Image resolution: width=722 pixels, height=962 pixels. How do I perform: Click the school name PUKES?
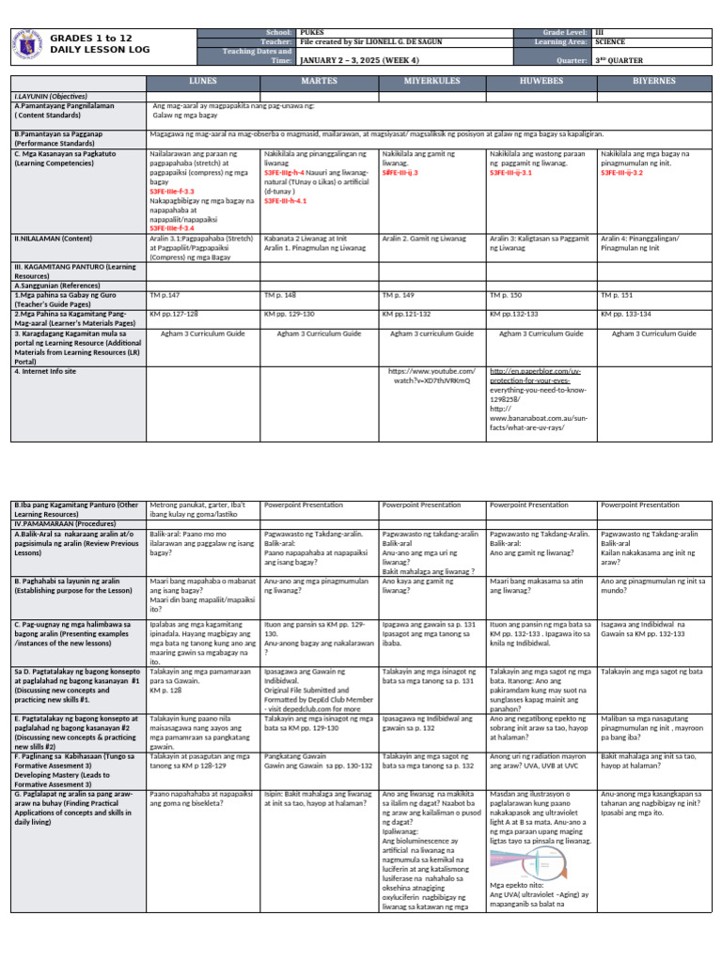309,32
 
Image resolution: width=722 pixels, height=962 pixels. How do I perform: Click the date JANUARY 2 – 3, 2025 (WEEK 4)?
353,57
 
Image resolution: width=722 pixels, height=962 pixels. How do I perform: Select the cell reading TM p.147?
165,294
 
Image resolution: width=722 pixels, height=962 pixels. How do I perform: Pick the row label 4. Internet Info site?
46,371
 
